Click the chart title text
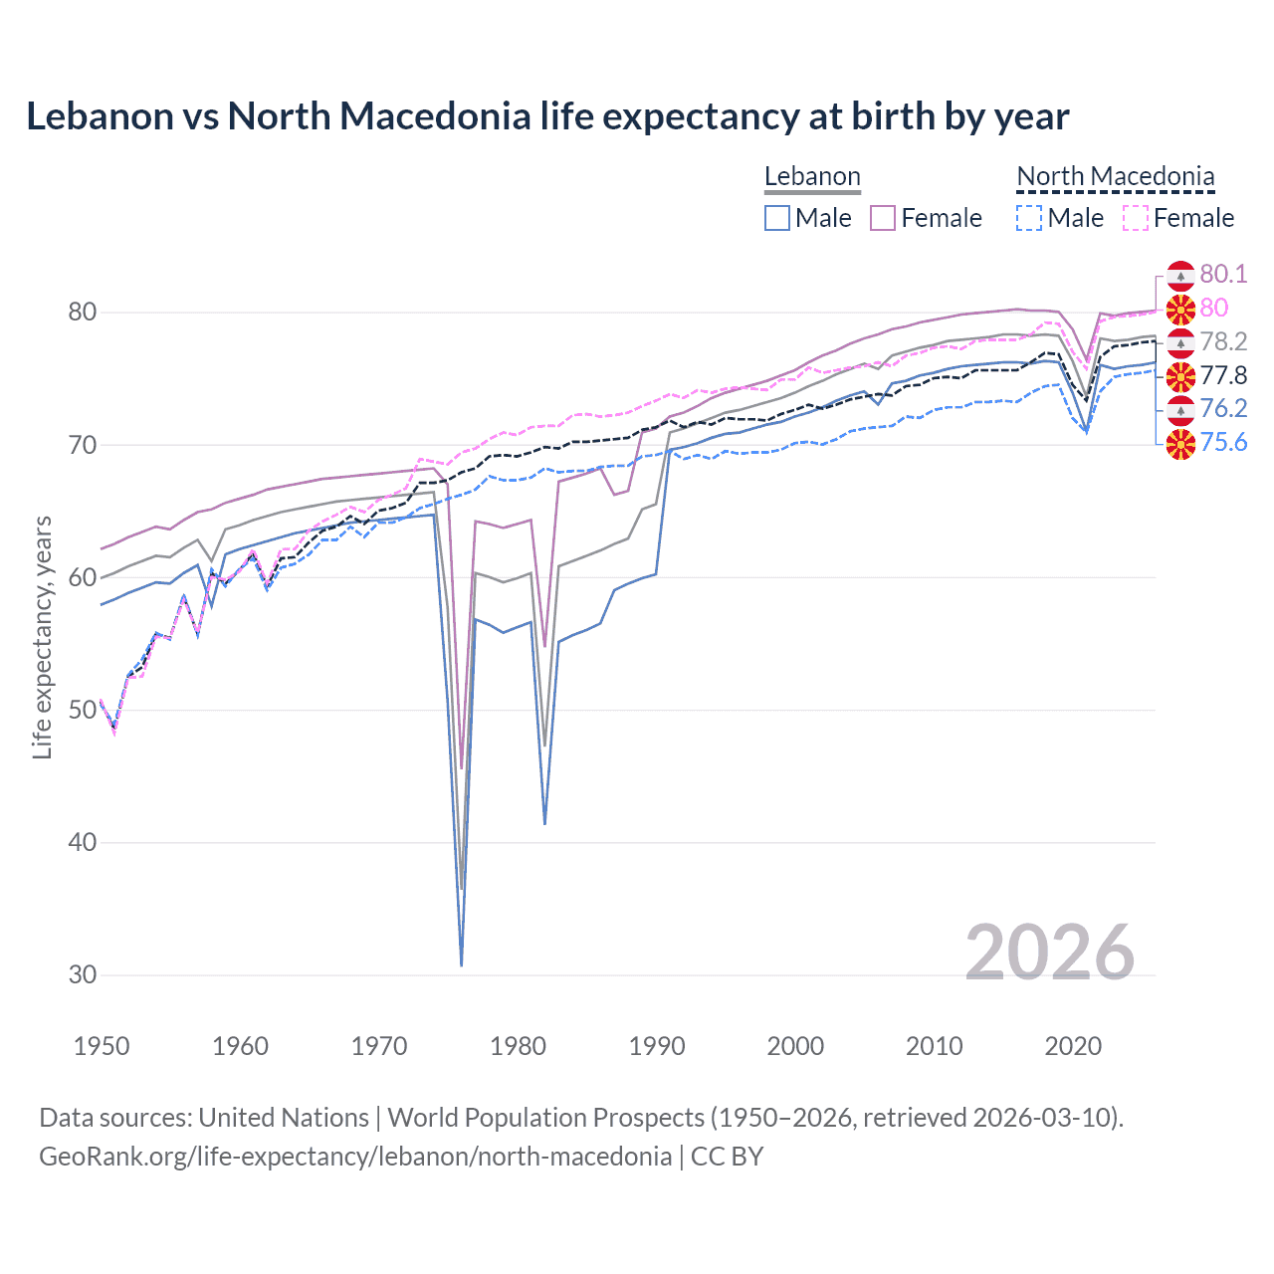pyautogui.click(x=547, y=116)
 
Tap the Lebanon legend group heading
pyautogui.click(x=812, y=177)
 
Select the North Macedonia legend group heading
pyautogui.click(x=1115, y=177)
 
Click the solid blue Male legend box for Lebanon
pyautogui.click(x=777, y=218)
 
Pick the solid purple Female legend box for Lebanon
pyautogui.click(x=883, y=218)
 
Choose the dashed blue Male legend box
pyautogui.click(x=1029, y=218)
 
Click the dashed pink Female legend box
pyautogui.click(x=1136, y=218)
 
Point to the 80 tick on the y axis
pyautogui.click(x=83, y=313)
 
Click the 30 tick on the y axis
pyautogui.click(x=83, y=975)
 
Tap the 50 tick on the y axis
pyautogui.click(x=83, y=711)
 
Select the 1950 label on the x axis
pyautogui.click(x=102, y=1046)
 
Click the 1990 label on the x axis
pyautogui.click(x=657, y=1046)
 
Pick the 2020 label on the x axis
pyautogui.click(x=1073, y=1046)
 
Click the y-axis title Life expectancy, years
pyautogui.click(x=43, y=637)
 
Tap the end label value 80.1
pyautogui.click(x=1223, y=274)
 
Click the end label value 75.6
pyautogui.click(x=1223, y=442)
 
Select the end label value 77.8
pyautogui.click(x=1223, y=375)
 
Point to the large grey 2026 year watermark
pyautogui.click(x=1049, y=953)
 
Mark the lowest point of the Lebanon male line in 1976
pyautogui.click(x=462, y=964)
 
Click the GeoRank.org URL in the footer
pyautogui.click(x=355, y=1157)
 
